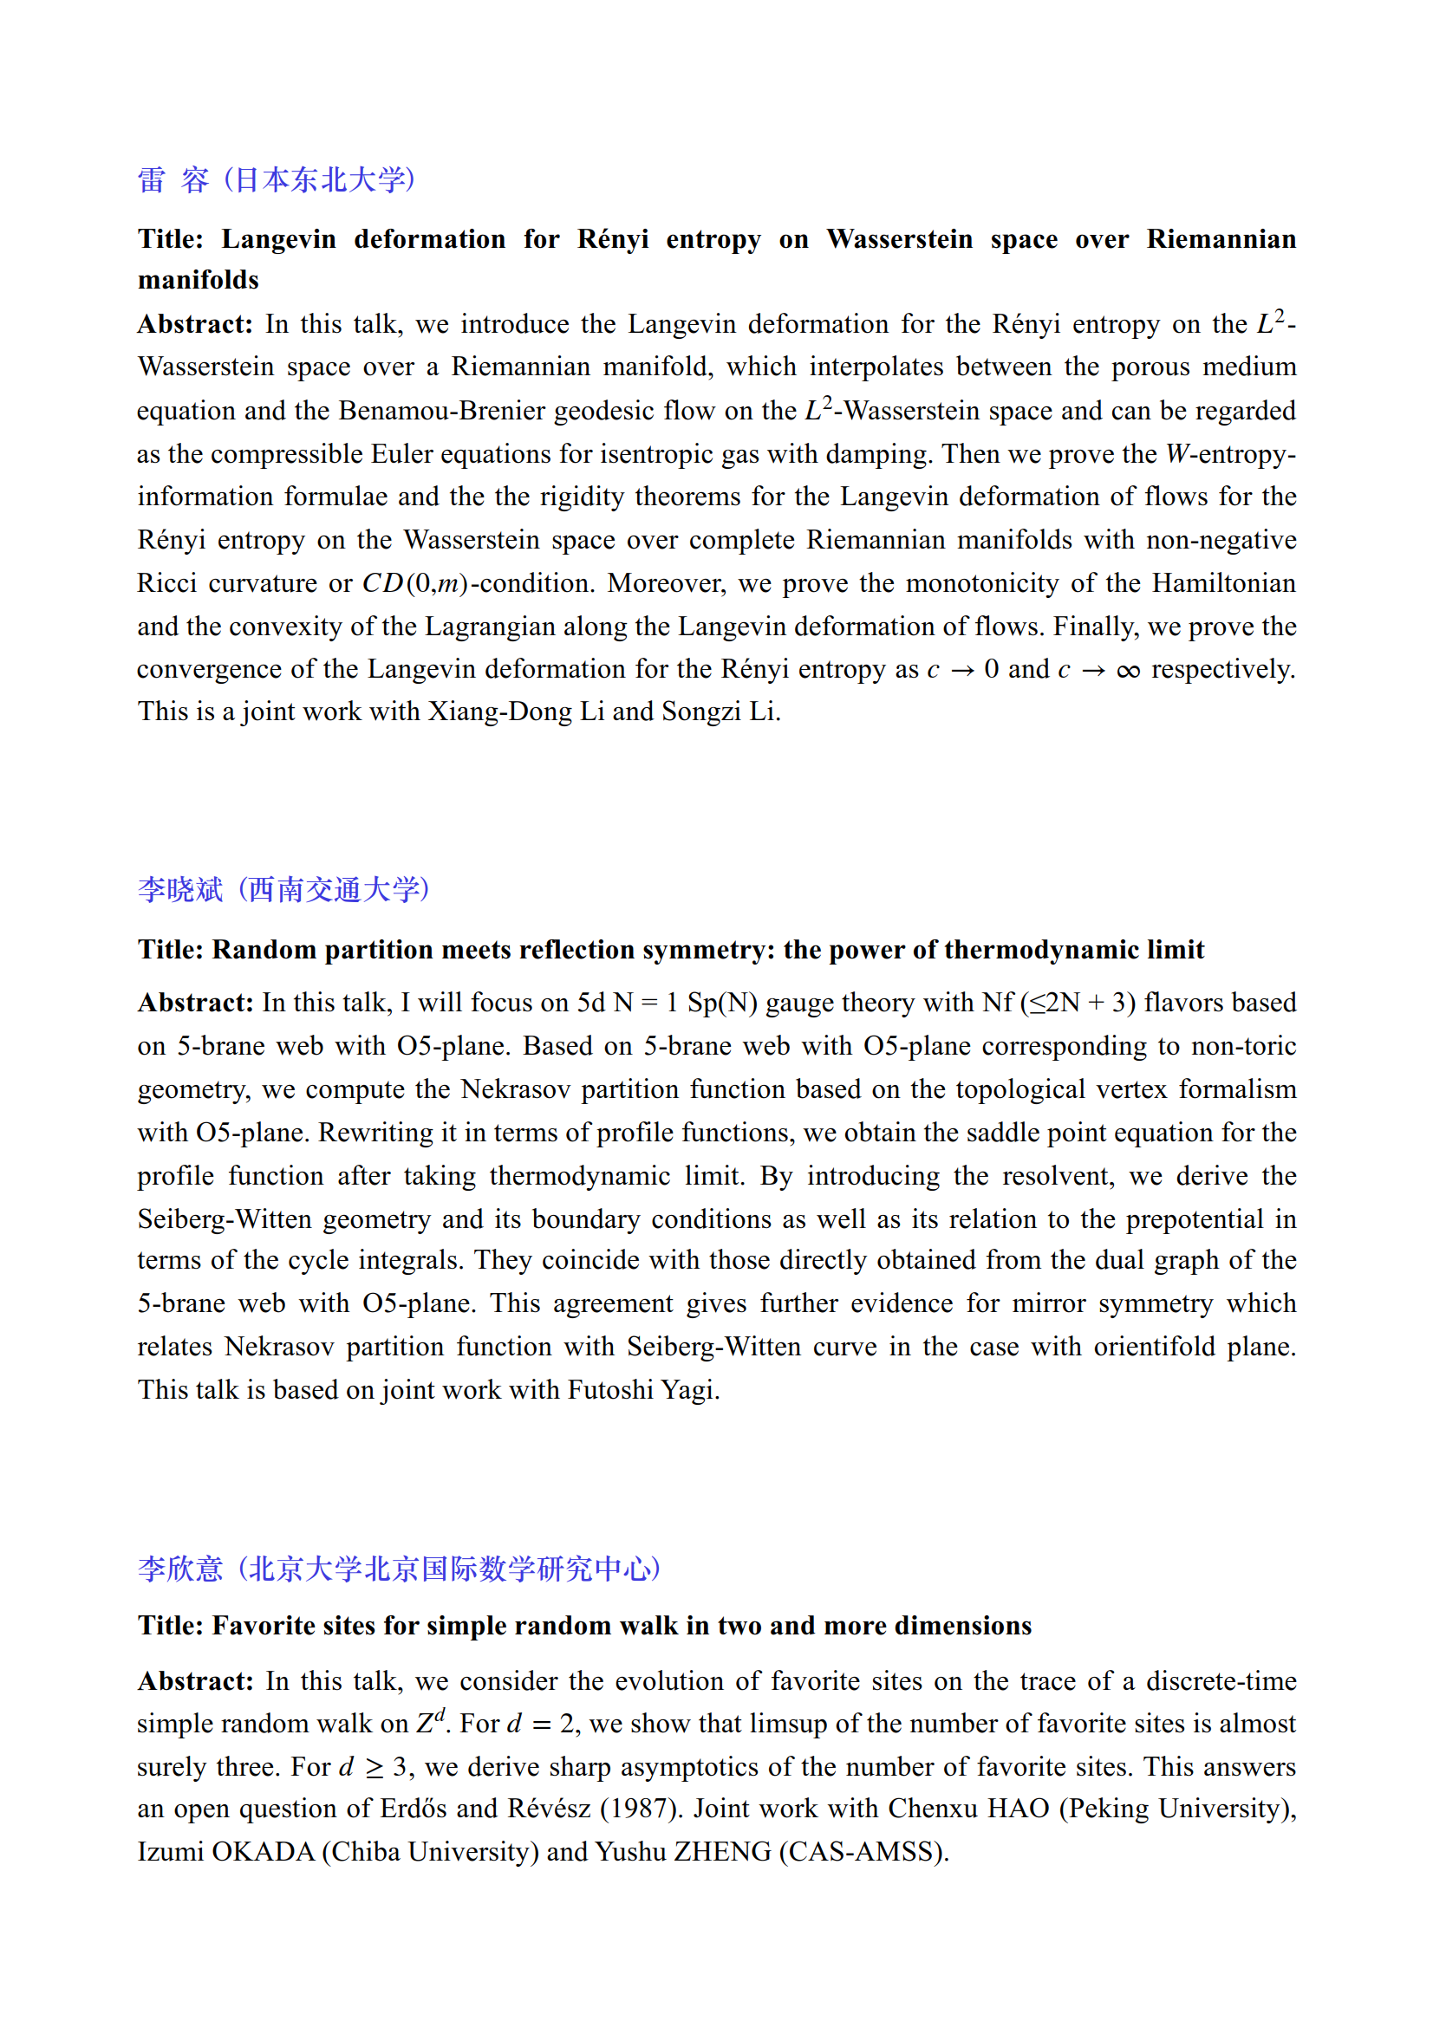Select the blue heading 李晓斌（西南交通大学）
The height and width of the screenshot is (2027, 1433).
tap(283, 889)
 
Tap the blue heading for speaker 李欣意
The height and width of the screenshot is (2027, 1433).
tap(399, 1568)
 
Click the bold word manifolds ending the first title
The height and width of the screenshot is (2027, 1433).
tap(199, 280)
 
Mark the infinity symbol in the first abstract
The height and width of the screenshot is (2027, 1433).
tap(1128, 670)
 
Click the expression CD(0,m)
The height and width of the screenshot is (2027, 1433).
tap(415, 583)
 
